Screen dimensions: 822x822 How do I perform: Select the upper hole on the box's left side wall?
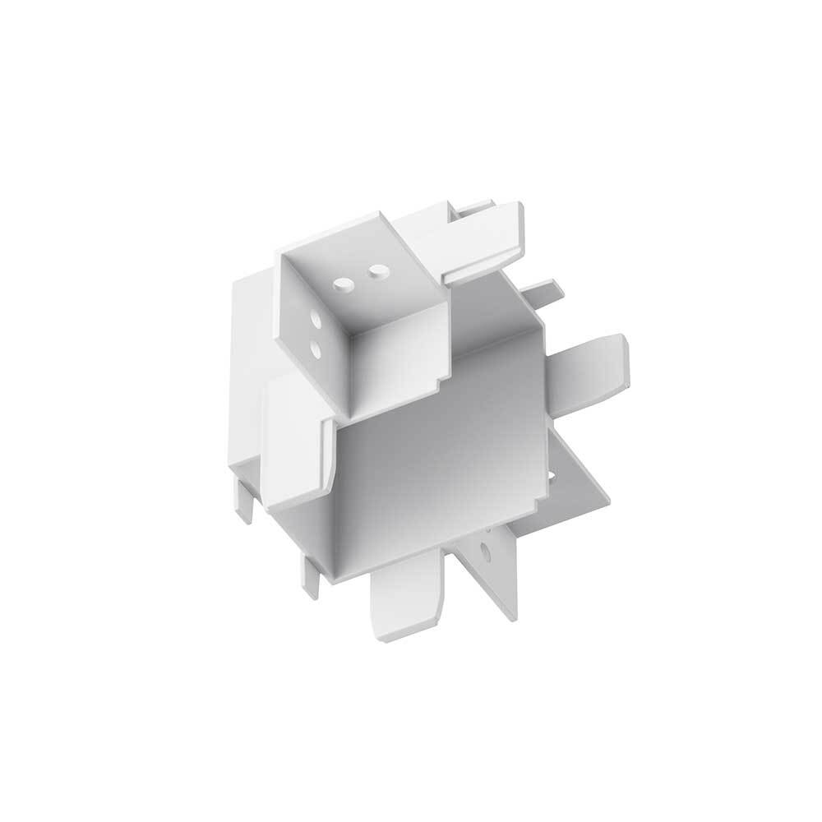tap(316, 316)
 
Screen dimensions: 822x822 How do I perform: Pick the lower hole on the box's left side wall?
tap(317, 350)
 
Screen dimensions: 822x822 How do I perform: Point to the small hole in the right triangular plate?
tap(549, 476)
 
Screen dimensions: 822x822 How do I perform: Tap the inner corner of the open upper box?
tap(349, 335)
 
